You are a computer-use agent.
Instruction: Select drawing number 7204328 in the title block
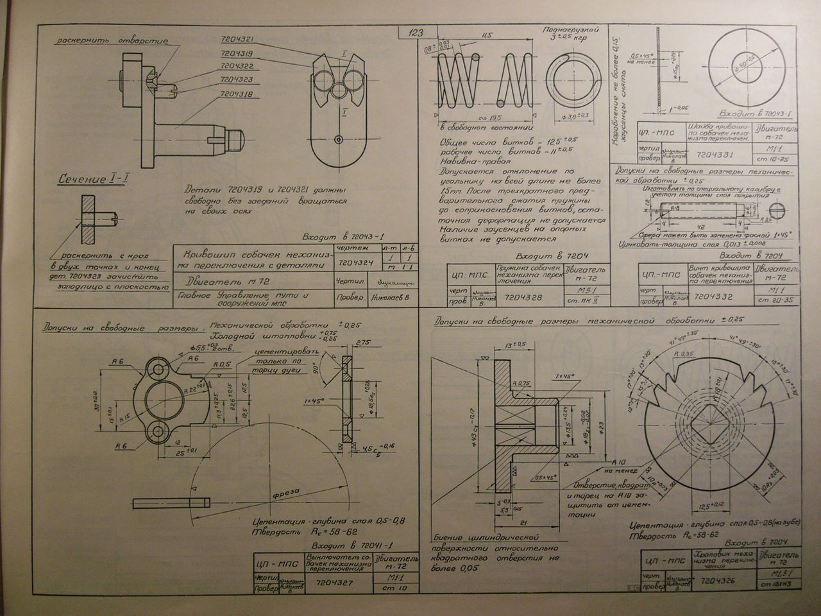(x=523, y=297)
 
